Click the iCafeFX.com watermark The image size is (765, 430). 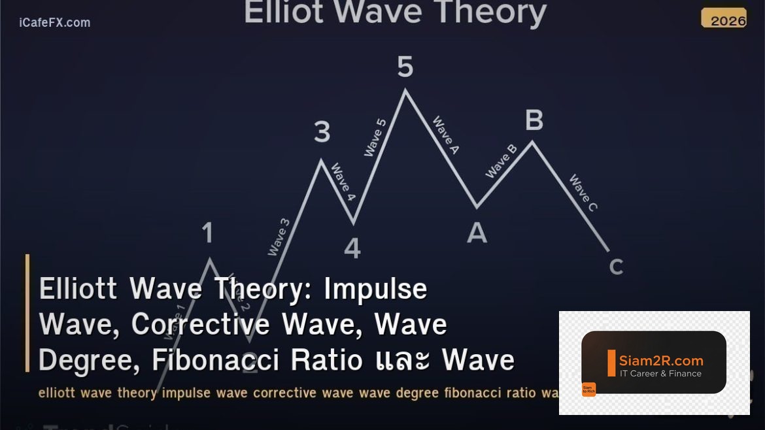[x=55, y=23]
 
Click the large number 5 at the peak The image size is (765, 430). [x=405, y=67]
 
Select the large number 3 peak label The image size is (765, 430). [x=322, y=133]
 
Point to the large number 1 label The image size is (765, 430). [x=207, y=233]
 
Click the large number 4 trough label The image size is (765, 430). [x=352, y=248]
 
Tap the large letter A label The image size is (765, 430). [x=477, y=233]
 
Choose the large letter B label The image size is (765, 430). [x=534, y=120]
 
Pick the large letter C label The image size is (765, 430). [x=616, y=267]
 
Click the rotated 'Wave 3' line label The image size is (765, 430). [x=279, y=237]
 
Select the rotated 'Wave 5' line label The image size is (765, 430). [x=375, y=137]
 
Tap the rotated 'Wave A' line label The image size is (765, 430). [x=445, y=135]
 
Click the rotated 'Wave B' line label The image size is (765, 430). [x=501, y=161]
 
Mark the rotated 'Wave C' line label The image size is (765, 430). [x=583, y=193]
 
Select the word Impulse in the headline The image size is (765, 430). [x=375, y=289]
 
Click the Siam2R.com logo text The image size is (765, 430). [x=661, y=361]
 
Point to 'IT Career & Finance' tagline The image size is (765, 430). [x=660, y=374]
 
